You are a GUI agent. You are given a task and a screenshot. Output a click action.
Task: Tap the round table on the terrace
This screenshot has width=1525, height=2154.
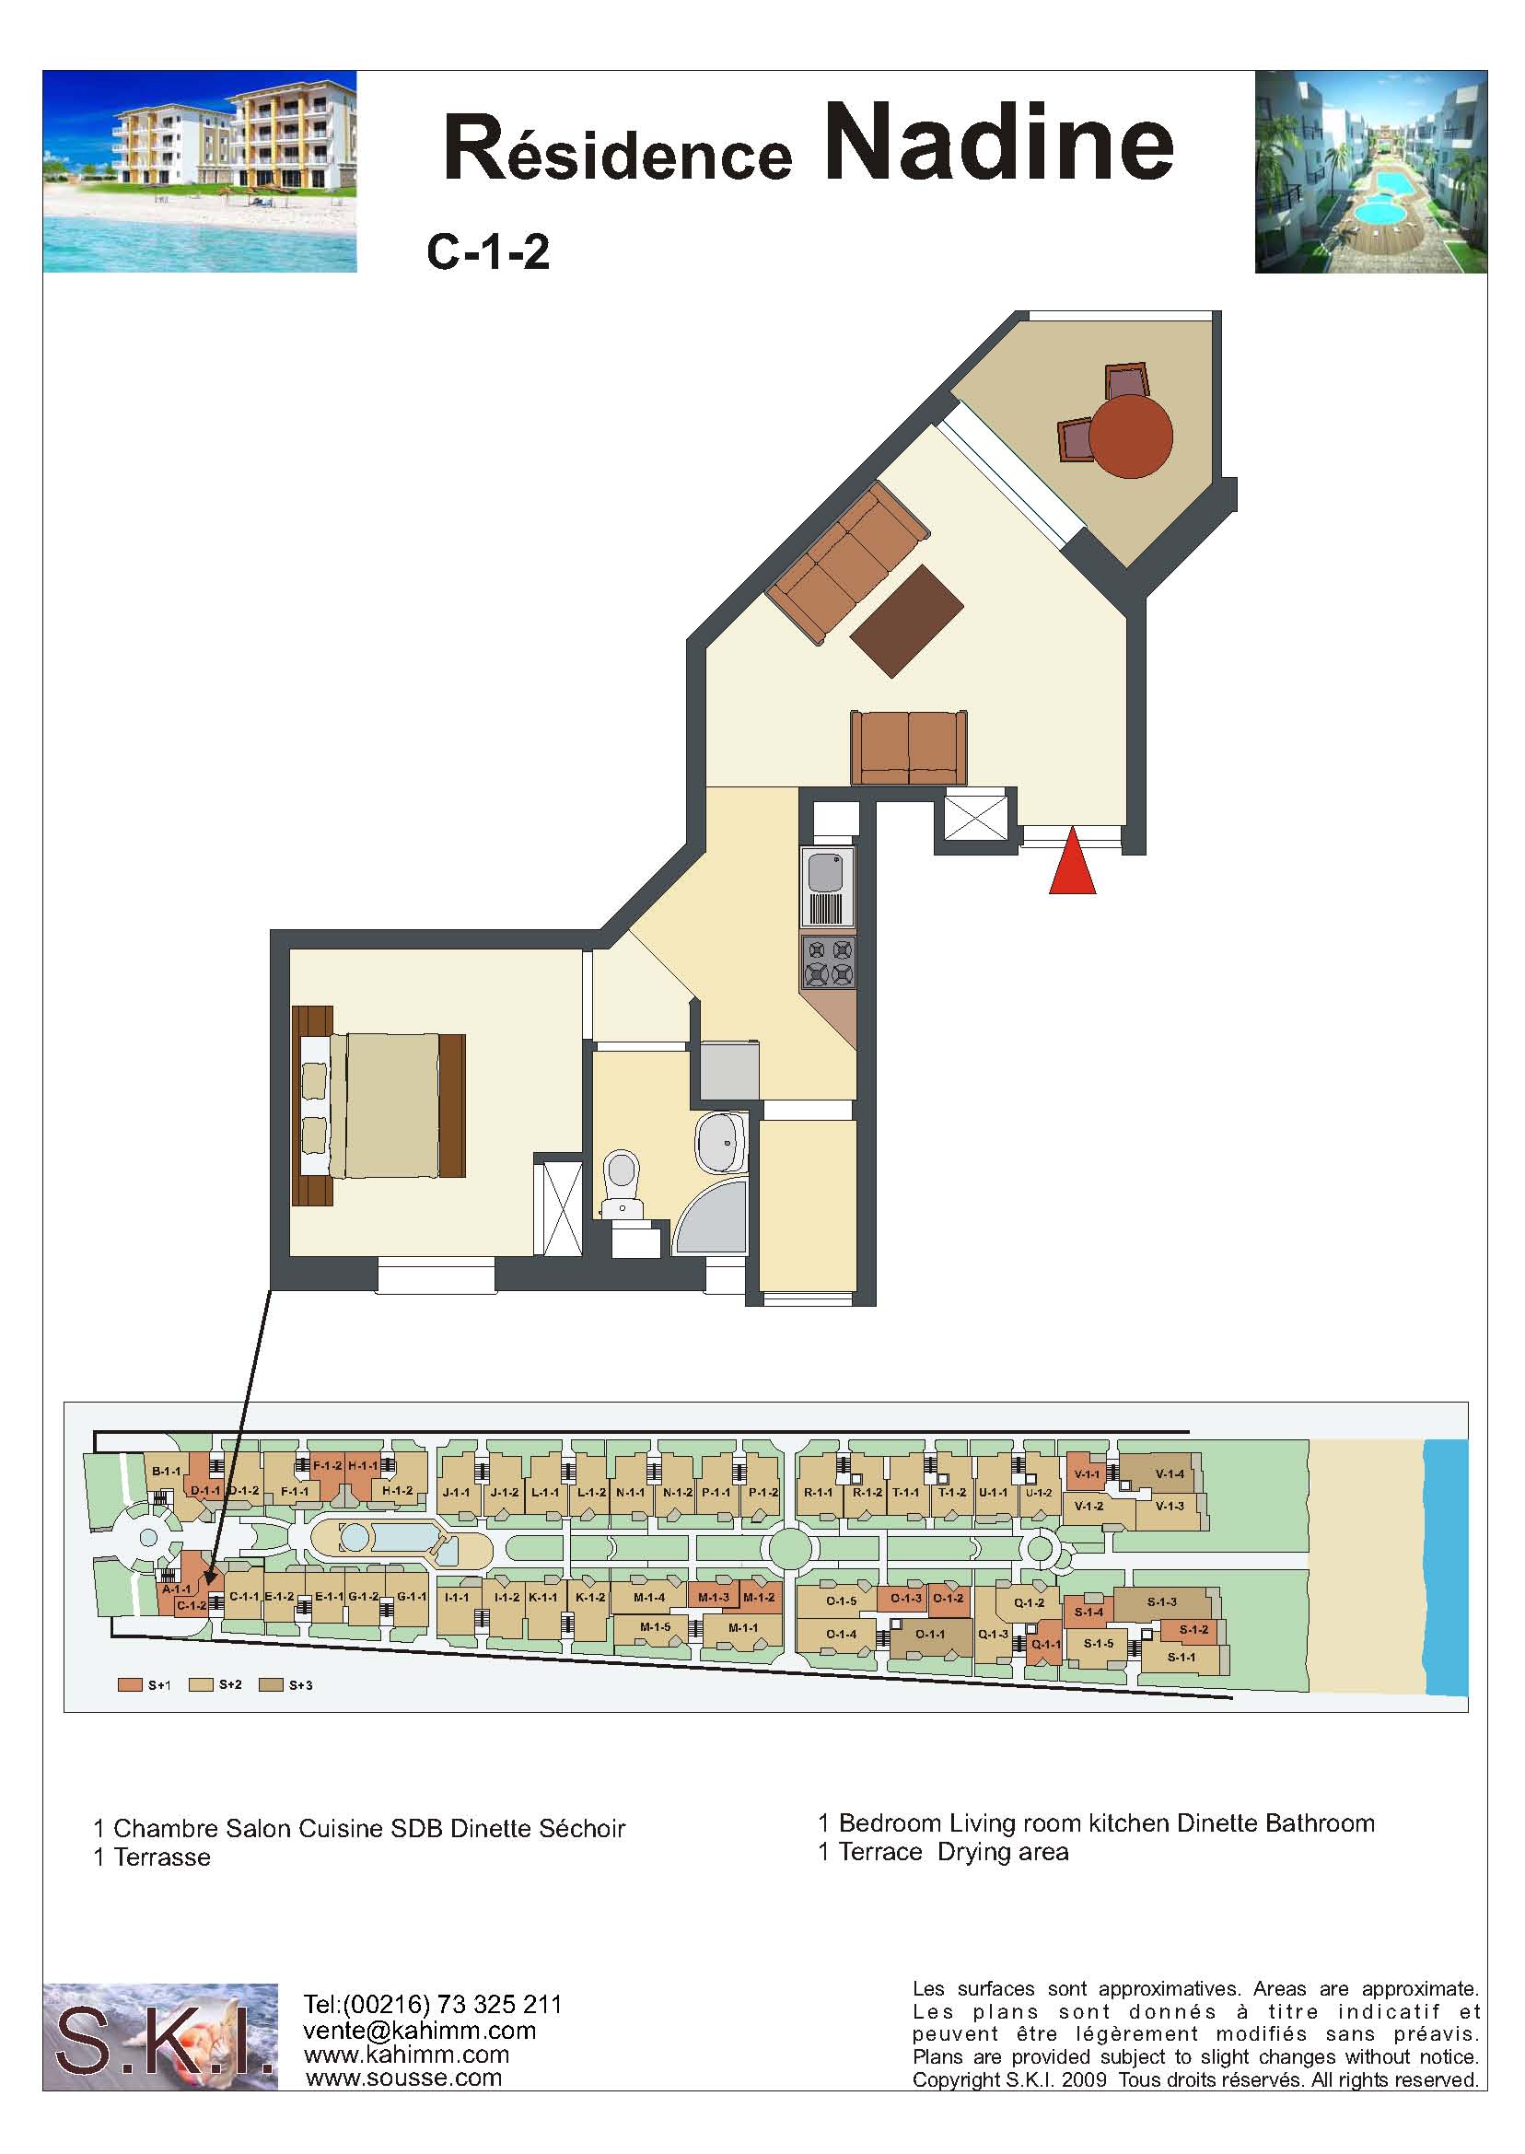pos(1132,437)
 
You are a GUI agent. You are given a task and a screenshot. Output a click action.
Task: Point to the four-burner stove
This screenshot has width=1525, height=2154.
pos(828,961)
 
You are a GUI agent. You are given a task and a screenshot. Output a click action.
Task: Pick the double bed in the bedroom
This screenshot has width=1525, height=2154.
pos(379,1105)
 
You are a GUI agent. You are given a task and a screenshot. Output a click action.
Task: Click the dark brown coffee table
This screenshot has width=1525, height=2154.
pos(906,620)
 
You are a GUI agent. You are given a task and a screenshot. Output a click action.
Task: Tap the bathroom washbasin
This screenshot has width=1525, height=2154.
pos(721,1143)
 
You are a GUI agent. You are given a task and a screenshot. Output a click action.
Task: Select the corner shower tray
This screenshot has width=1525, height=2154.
pos(711,1217)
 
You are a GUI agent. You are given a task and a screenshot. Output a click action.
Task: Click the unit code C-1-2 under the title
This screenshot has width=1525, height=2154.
pos(487,252)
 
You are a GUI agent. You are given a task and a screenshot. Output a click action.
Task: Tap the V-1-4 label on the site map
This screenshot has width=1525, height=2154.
pos(1170,1473)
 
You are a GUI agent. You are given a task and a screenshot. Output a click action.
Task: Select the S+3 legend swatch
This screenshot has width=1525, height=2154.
pos(271,1684)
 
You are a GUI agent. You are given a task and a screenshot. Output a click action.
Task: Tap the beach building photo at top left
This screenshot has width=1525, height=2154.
pos(200,172)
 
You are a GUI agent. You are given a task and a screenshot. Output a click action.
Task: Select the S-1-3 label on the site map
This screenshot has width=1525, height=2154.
pos(1161,1601)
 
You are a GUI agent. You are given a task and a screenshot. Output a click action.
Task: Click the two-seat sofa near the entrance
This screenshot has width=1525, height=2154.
pos(909,748)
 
